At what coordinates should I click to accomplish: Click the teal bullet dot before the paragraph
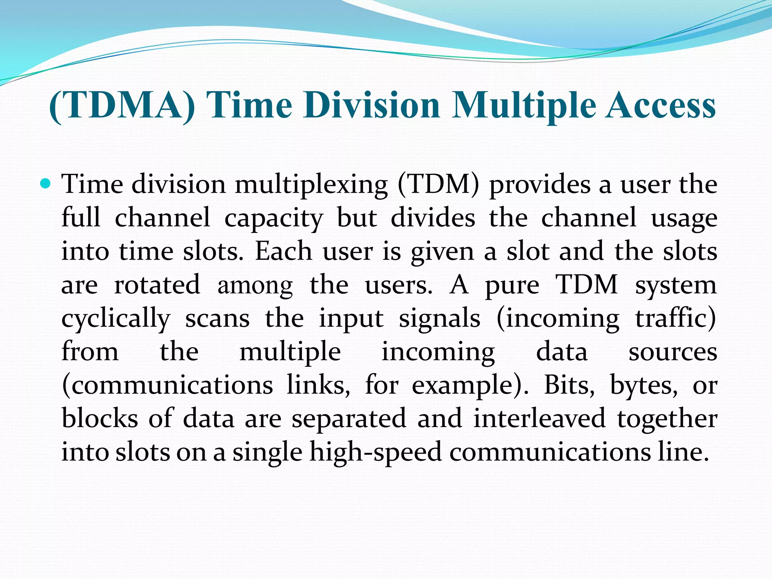(46, 184)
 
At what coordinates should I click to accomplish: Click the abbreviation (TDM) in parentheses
(439, 185)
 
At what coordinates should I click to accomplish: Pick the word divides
(433, 218)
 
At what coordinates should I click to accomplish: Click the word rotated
(157, 285)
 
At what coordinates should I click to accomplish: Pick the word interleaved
(539, 418)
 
